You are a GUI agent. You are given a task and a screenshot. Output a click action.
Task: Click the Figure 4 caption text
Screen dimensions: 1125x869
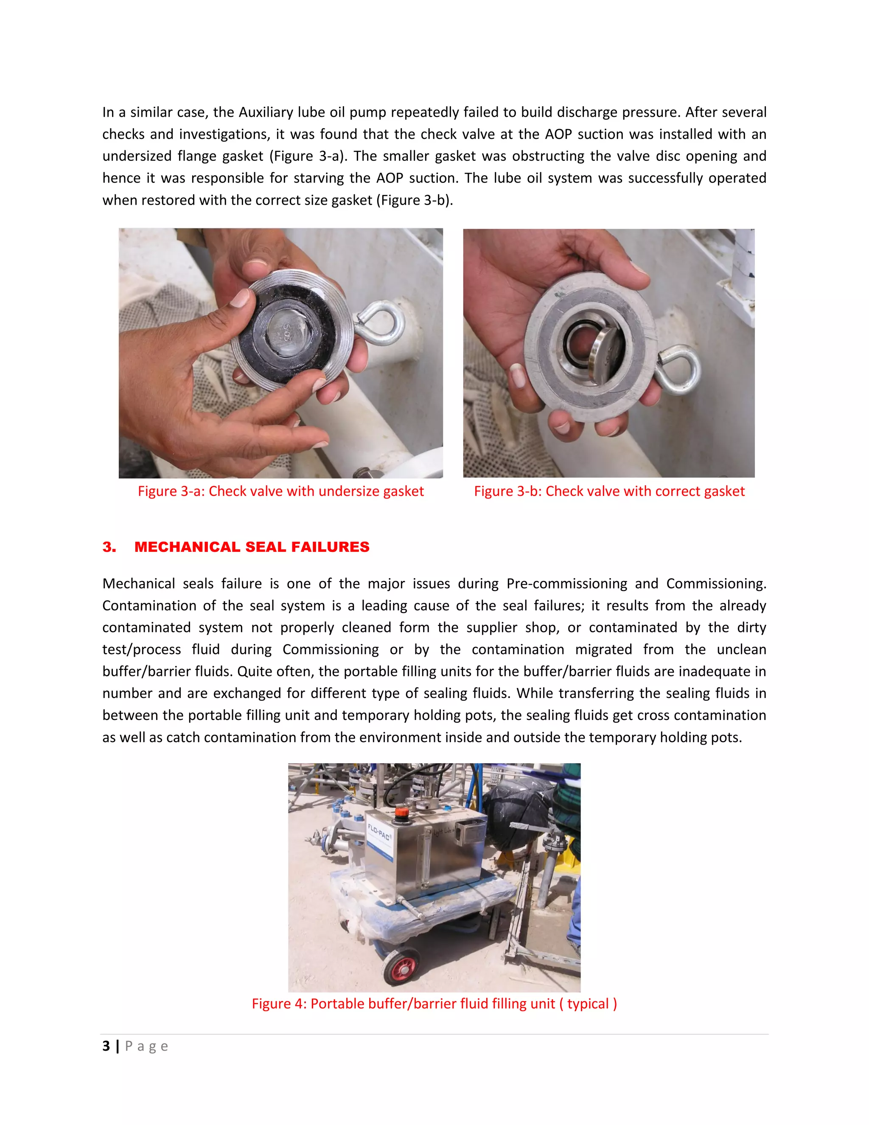coord(434,1004)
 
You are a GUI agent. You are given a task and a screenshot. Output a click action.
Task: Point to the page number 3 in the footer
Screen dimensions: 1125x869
coord(106,1046)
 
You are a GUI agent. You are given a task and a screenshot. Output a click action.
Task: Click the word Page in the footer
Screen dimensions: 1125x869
coord(146,1046)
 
